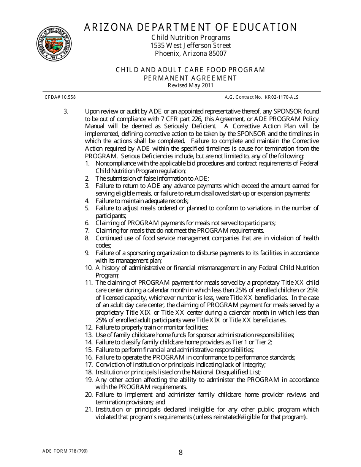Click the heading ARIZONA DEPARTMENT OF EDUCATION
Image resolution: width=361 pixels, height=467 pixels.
click(x=190, y=27)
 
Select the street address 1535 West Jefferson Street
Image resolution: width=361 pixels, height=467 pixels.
click(x=190, y=46)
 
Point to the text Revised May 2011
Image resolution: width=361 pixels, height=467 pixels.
click(x=190, y=85)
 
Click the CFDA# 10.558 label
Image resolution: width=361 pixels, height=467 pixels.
click(x=60, y=97)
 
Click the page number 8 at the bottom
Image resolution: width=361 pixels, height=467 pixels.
click(x=180, y=452)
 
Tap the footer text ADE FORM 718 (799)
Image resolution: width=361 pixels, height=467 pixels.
click(x=66, y=451)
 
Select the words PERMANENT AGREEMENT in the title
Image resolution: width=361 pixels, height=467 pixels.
click(x=190, y=78)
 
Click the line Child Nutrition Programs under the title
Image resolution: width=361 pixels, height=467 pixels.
click(x=190, y=38)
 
